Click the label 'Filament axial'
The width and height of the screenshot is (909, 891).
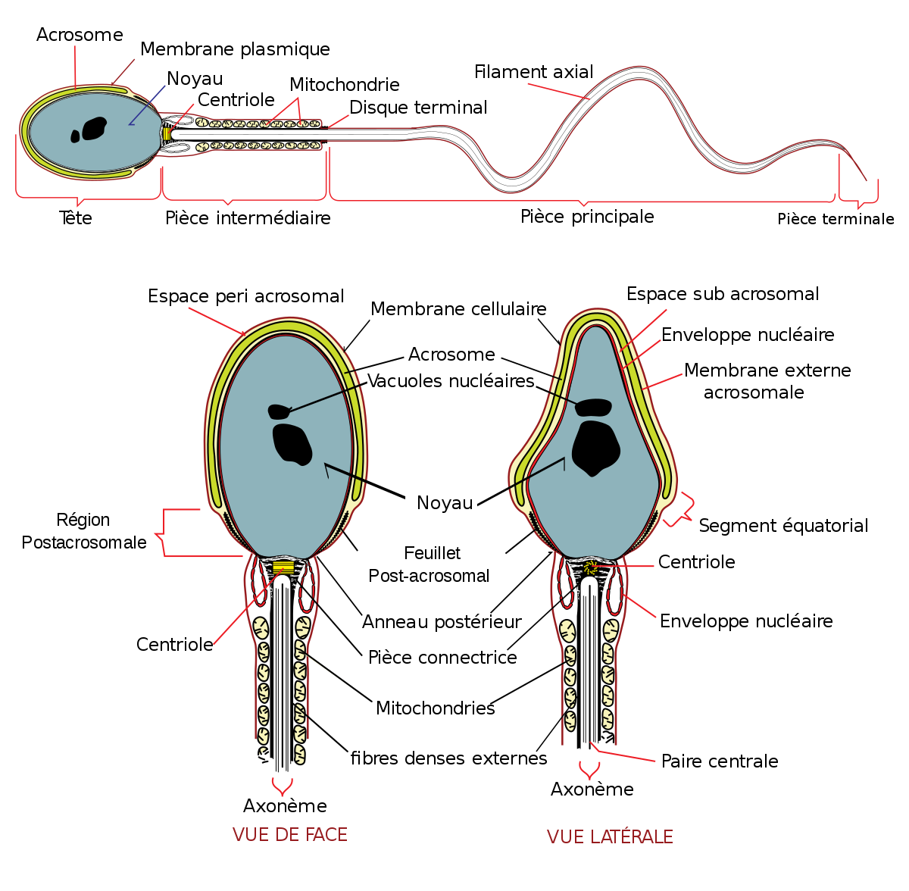tap(533, 72)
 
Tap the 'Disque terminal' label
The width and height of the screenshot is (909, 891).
tap(418, 108)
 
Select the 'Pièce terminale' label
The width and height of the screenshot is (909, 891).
tap(836, 219)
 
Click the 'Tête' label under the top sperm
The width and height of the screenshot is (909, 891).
tap(76, 218)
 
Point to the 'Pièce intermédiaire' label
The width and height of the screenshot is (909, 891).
tap(248, 218)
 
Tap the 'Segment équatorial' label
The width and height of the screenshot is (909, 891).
tap(783, 526)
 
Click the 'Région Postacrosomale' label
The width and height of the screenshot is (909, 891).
tap(84, 531)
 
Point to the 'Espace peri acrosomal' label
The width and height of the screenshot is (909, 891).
tap(245, 296)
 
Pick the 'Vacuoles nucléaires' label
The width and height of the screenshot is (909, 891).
tap(451, 381)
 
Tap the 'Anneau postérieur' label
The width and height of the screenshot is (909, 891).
tap(442, 622)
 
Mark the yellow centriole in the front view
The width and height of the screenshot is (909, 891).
tap(283, 566)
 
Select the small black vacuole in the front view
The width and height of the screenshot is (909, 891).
tap(280, 411)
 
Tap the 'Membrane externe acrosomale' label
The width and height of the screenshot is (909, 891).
tap(767, 381)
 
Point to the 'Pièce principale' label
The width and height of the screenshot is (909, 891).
tap(587, 217)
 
